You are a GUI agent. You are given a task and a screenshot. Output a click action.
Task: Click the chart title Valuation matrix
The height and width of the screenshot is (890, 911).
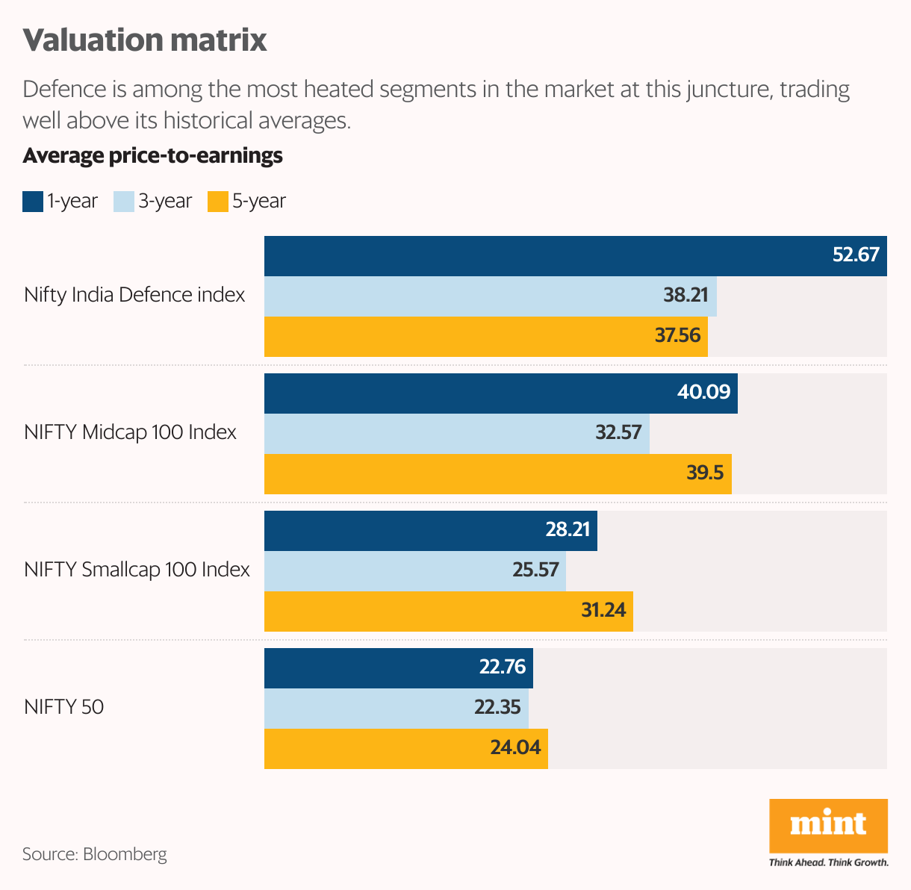point(145,40)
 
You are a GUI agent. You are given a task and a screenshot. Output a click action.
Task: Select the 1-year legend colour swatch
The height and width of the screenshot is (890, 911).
point(33,202)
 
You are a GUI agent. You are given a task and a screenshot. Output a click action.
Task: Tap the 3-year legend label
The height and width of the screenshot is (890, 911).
point(165,202)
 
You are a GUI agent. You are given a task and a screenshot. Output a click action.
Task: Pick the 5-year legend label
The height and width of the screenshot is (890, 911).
point(259,202)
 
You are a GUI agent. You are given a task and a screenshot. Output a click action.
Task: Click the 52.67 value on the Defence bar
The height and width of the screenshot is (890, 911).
point(856,255)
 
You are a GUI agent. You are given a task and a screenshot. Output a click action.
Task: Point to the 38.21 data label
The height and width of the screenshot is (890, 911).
point(685,295)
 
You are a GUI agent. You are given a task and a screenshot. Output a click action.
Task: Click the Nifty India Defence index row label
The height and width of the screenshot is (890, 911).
point(134,295)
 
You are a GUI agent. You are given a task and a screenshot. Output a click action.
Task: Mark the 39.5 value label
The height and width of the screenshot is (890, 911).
point(705,473)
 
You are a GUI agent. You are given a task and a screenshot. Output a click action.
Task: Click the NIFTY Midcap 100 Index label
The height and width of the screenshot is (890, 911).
point(130,432)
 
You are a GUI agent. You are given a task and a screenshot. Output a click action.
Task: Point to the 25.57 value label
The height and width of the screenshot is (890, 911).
point(535,570)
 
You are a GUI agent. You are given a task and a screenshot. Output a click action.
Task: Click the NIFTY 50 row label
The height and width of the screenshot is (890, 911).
point(63,707)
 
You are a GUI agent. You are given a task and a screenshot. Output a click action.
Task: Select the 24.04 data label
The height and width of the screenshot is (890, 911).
point(515,747)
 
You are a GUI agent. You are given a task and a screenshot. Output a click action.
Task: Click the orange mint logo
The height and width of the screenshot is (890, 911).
point(828,825)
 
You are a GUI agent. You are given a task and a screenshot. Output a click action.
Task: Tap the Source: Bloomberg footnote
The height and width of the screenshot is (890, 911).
point(95,854)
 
